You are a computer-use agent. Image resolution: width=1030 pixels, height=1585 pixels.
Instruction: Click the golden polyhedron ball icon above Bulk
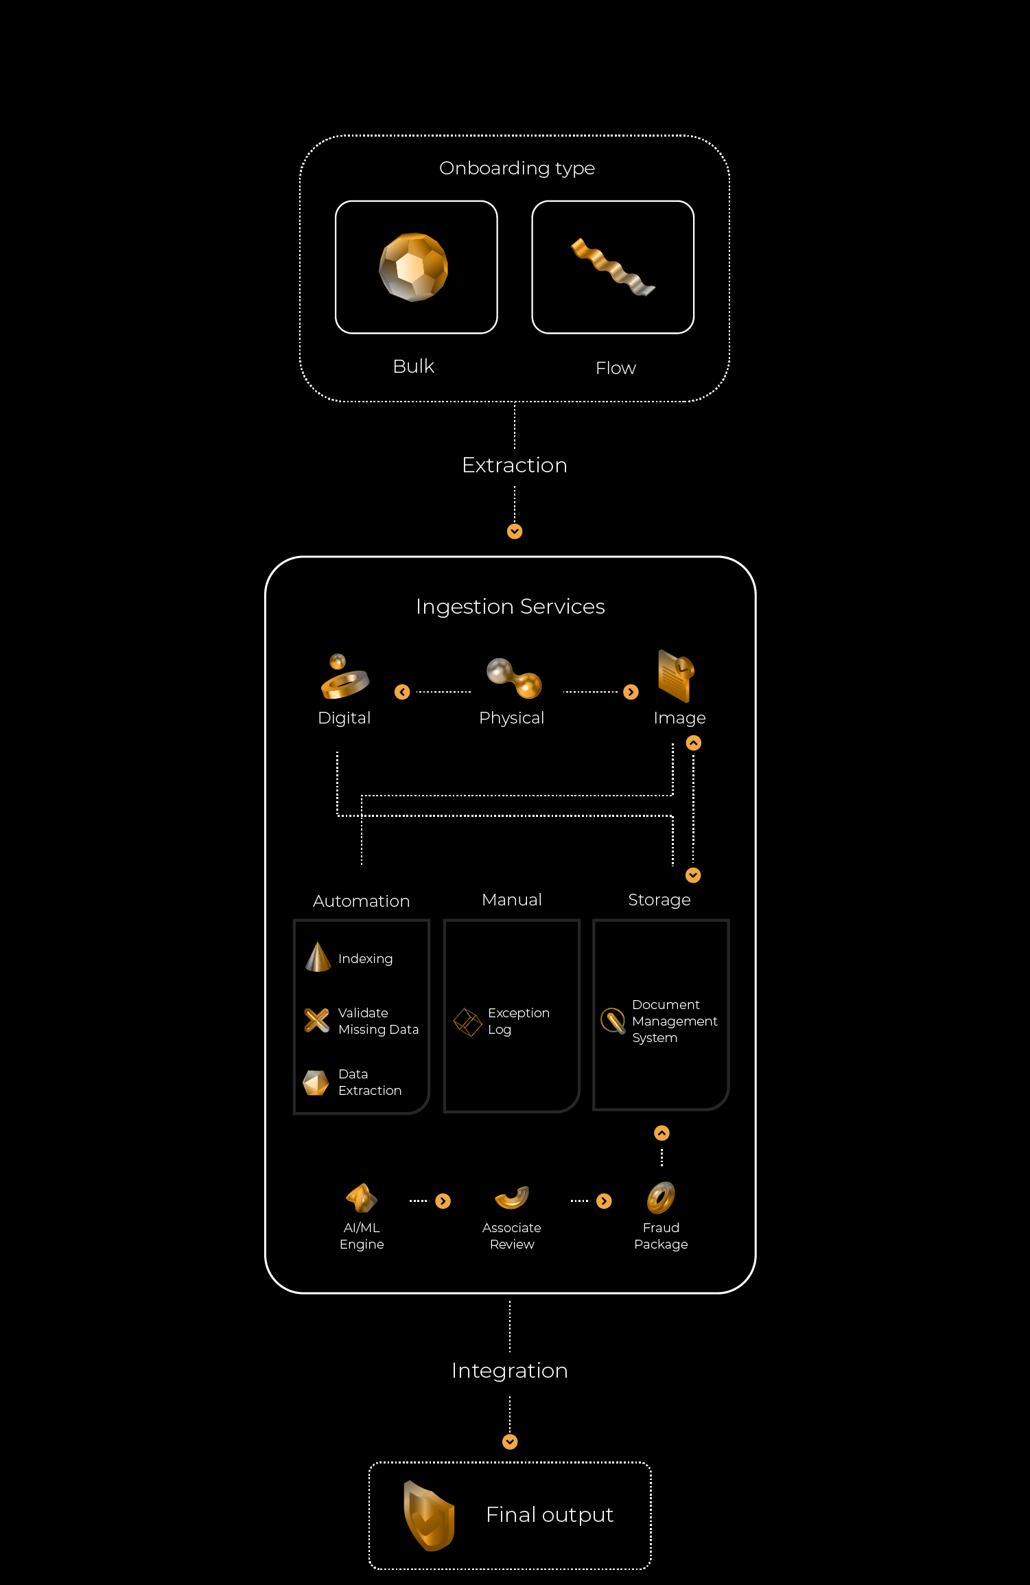[414, 267]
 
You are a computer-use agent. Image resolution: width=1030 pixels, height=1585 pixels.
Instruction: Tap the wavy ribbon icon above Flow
[613, 267]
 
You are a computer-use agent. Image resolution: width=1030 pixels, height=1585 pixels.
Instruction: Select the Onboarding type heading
[517, 168]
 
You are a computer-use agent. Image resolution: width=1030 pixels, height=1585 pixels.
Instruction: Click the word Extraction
[515, 465]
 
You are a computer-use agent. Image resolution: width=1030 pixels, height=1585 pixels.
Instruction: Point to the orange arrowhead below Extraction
[515, 531]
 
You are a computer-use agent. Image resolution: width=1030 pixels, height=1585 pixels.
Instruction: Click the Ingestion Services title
[511, 607]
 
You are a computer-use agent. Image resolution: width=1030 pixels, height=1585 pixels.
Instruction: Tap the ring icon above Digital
[344, 677]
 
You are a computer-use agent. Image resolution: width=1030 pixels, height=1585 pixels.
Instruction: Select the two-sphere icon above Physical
[514, 678]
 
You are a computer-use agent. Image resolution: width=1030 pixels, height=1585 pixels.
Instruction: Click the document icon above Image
[677, 676]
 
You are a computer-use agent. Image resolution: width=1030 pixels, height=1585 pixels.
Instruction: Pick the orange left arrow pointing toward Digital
[402, 692]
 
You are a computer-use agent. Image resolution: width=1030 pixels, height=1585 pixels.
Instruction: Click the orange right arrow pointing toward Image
[631, 692]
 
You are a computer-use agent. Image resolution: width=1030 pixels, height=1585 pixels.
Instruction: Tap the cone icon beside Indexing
[318, 957]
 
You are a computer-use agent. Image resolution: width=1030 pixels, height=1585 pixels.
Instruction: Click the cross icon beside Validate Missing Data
[316, 1020]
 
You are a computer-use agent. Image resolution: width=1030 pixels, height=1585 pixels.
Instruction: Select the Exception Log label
[519, 1021]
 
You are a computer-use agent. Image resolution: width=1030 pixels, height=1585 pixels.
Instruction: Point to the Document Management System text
[675, 1021]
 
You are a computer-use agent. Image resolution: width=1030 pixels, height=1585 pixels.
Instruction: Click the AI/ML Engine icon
[362, 1199]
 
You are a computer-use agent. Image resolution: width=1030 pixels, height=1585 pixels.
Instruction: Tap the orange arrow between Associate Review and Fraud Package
[604, 1201]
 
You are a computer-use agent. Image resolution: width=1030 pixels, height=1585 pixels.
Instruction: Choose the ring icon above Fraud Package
[661, 1198]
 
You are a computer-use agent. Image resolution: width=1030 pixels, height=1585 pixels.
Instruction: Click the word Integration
[510, 1371]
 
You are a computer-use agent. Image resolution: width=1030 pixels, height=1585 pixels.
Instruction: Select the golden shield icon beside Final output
[430, 1516]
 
